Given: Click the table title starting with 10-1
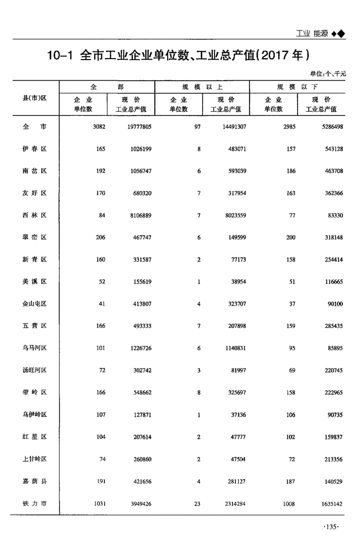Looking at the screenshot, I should pos(177,55).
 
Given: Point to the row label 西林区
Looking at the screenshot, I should pos(35,215).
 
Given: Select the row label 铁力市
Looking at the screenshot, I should pos(35,503).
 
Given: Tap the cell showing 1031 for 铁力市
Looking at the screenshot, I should pos(98,504).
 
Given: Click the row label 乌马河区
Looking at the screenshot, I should pos(35,348).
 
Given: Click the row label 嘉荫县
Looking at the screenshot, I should pos(35,481).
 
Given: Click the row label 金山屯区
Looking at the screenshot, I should pos(35,304).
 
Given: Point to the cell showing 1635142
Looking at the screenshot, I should pos(328,504).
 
